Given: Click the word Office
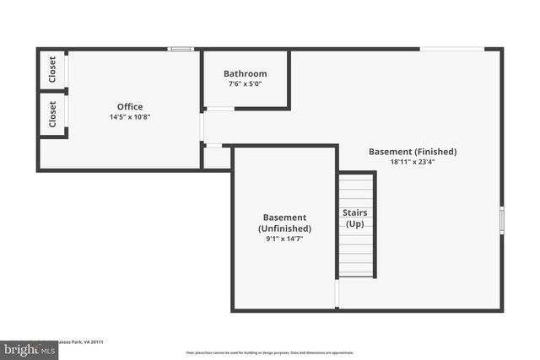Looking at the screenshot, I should click(130, 106).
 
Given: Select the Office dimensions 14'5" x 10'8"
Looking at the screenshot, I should click(130, 116).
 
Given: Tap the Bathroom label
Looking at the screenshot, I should click(245, 73).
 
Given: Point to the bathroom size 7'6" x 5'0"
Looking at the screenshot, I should click(245, 83).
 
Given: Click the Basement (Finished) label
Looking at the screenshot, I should click(413, 152).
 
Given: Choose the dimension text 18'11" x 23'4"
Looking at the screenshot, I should click(413, 162).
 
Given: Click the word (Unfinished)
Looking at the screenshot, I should click(284, 228).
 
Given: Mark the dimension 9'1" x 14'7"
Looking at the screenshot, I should click(284, 239).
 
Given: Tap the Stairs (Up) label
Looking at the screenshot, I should click(354, 218).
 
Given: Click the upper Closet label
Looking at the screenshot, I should click(52, 68).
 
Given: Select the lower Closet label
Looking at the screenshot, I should click(52, 114).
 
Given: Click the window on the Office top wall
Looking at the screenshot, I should click(181, 49).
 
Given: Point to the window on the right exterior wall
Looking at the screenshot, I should click(501, 218).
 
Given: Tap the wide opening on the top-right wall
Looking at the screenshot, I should click(452, 49).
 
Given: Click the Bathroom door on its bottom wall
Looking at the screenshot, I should click(220, 109).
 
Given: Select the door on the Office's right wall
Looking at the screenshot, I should click(202, 126).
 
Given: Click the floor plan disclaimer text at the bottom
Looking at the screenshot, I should click(270, 352).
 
